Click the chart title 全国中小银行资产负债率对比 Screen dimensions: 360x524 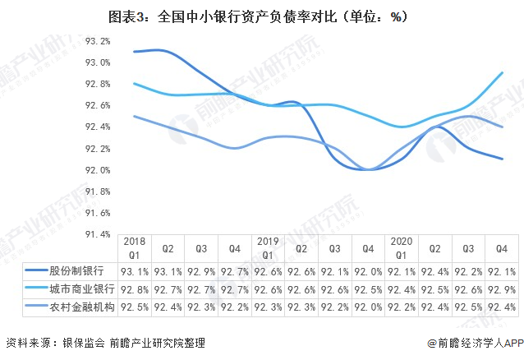[x=261, y=16]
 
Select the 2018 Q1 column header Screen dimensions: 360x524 [x=134, y=248]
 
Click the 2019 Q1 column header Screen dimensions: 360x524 [x=268, y=248]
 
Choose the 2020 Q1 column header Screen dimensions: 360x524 [x=402, y=248]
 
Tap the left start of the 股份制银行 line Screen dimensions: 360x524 [x=134, y=52]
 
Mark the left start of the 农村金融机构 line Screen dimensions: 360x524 [x=134, y=116]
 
